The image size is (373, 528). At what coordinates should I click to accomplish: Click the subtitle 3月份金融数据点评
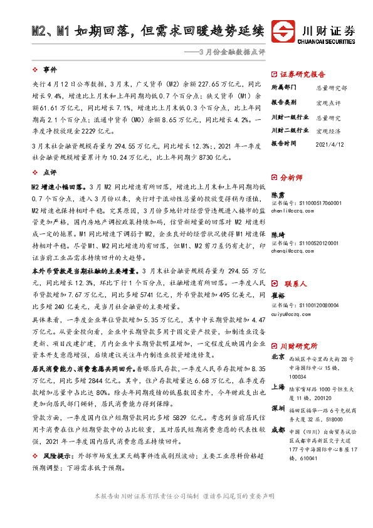[x=231, y=52]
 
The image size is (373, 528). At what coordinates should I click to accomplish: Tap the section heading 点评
[x=50, y=172]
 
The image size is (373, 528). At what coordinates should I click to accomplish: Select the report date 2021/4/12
[x=331, y=143]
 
